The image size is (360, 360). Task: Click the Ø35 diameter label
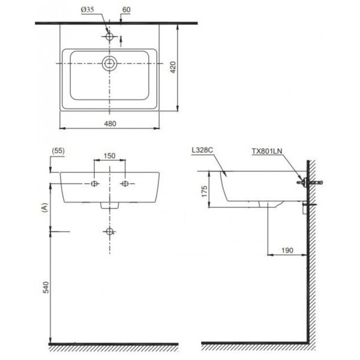pos(88,10)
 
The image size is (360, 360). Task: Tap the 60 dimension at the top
pos(126,10)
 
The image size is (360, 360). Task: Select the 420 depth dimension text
pos(173,67)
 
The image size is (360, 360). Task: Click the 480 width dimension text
pos(110,124)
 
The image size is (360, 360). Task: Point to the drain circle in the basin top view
pos(110,63)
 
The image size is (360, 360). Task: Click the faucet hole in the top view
pos(110,37)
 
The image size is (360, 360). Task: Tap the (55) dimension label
pos(58,151)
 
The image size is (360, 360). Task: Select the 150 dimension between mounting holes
pos(110,156)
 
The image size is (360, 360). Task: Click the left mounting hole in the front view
pos(94,184)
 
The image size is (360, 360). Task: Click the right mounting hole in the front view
pos(125,184)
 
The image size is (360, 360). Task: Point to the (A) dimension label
pos(45,208)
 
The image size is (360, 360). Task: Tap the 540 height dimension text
pos(46,287)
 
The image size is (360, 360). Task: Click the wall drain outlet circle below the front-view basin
pos(110,232)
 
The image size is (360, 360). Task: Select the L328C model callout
pos(203,150)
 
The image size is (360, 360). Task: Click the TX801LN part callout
pos(267,151)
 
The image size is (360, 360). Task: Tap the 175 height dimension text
pos(204,191)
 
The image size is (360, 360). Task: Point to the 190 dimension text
pos(287,250)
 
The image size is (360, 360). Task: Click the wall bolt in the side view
pos(310,183)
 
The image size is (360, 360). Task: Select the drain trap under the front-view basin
pos(110,205)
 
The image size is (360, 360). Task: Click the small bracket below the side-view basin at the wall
pos(305,208)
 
